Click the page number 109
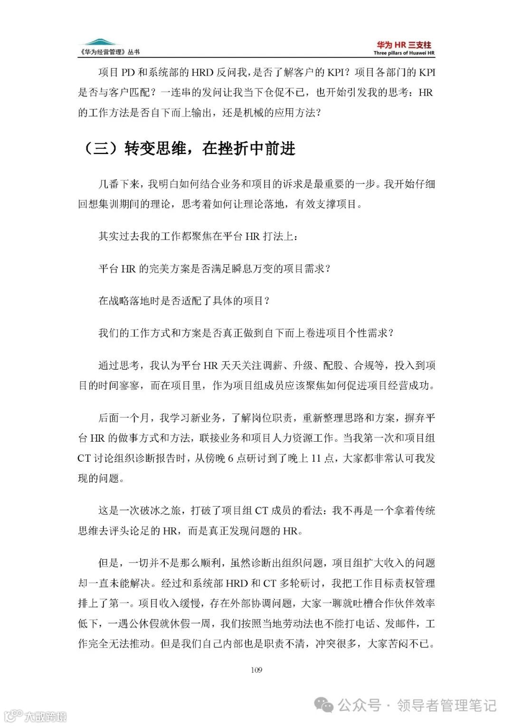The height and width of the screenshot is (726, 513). (x=256, y=670)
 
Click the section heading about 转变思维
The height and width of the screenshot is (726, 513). (x=189, y=148)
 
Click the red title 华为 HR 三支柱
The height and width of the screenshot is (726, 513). (x=404, y=45)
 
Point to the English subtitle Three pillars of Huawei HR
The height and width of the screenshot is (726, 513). (x=404, y=53)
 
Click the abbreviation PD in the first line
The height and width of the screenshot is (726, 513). (x=128, y=73)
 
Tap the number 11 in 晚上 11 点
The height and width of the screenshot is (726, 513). (x=316, y=458)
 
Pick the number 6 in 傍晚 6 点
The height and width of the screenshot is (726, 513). (x=230, y=458)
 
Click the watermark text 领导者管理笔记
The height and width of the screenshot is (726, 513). (x=446, y=705)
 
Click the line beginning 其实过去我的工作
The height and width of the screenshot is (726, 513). (x=199, y=236)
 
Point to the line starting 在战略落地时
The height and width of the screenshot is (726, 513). (x=184, y=301)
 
